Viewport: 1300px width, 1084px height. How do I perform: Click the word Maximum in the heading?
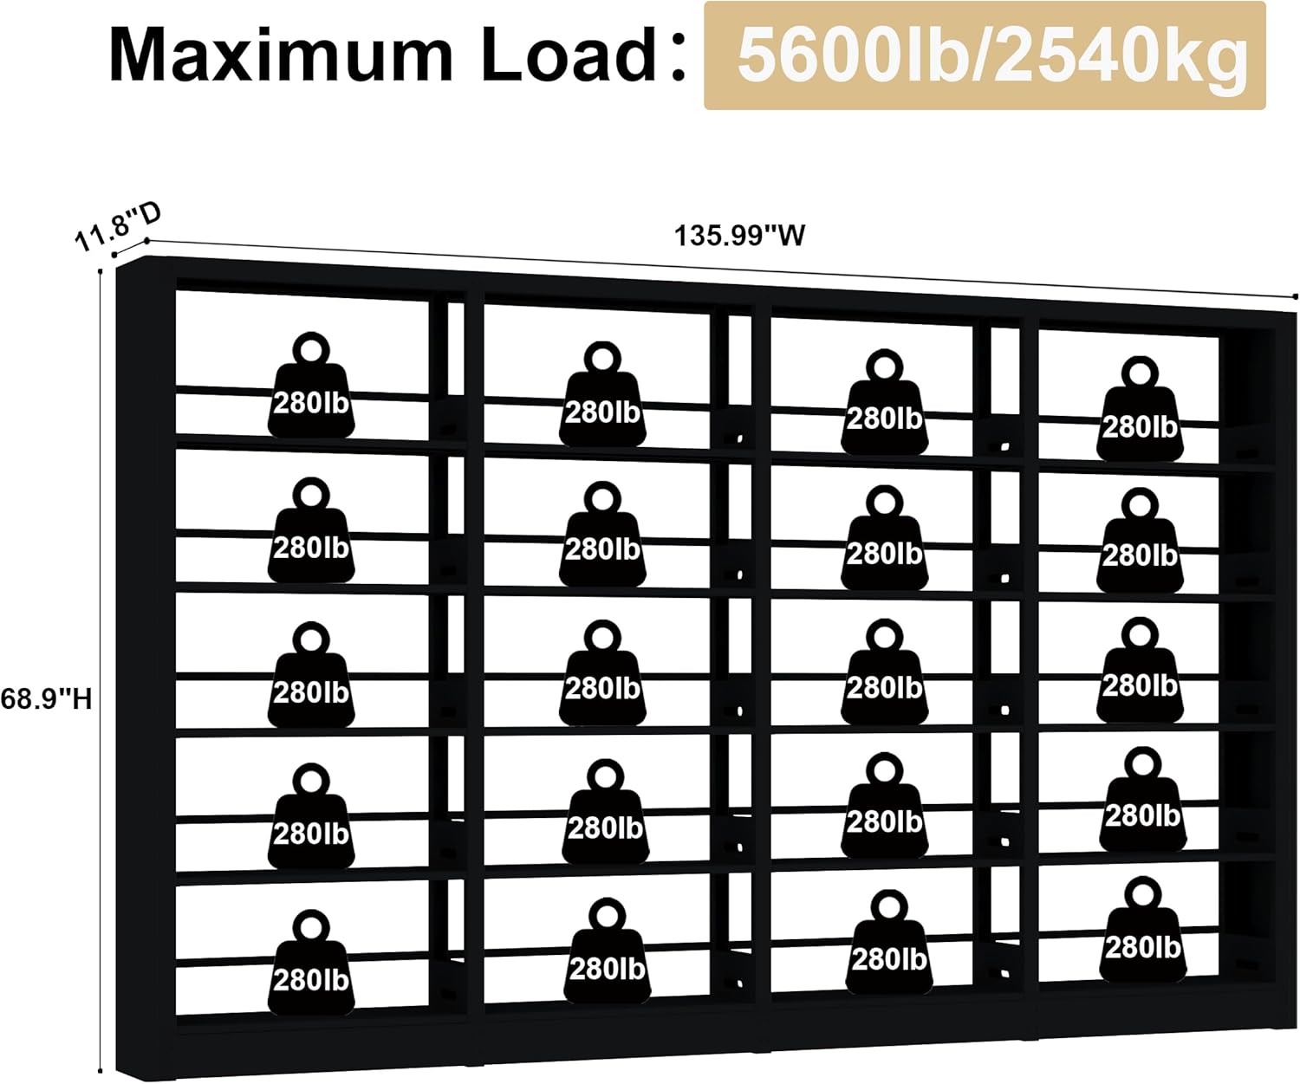(x=280, y=55)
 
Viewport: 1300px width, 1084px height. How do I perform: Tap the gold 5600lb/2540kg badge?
(x=985, y=55)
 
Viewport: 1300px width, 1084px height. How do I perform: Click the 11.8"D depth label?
(x=117, y=227)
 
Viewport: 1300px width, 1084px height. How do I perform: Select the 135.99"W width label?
(x=739, y=236)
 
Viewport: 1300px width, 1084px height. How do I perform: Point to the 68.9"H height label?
(x=46, y=699)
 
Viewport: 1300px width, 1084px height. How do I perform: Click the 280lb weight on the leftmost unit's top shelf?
(x=310, y=385)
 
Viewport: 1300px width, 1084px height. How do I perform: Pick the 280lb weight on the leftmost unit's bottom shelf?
(x=310, y=964)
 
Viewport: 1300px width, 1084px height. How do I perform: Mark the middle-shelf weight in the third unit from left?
(x=884, y=672)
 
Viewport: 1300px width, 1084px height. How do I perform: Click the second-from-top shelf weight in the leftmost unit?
(x=310, y=529)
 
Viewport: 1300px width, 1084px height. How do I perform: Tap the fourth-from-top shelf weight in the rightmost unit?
(x=1142, y=799)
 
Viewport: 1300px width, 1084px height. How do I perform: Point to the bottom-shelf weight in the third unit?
(x=889, y=942)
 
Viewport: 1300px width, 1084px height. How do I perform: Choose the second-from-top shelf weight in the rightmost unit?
(x=1140, y=540)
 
